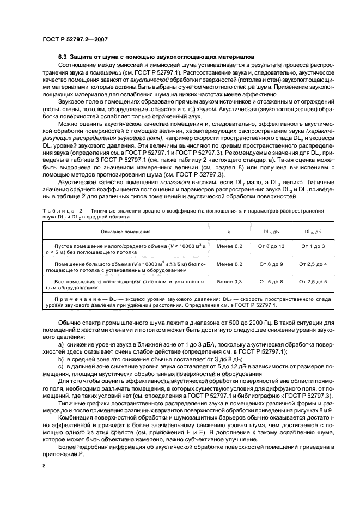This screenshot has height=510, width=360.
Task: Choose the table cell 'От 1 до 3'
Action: tap(313, 247)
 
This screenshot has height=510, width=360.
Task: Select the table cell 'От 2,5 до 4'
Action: tap(313, 264)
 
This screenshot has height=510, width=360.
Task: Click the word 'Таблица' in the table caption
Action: tap(55, 210)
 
